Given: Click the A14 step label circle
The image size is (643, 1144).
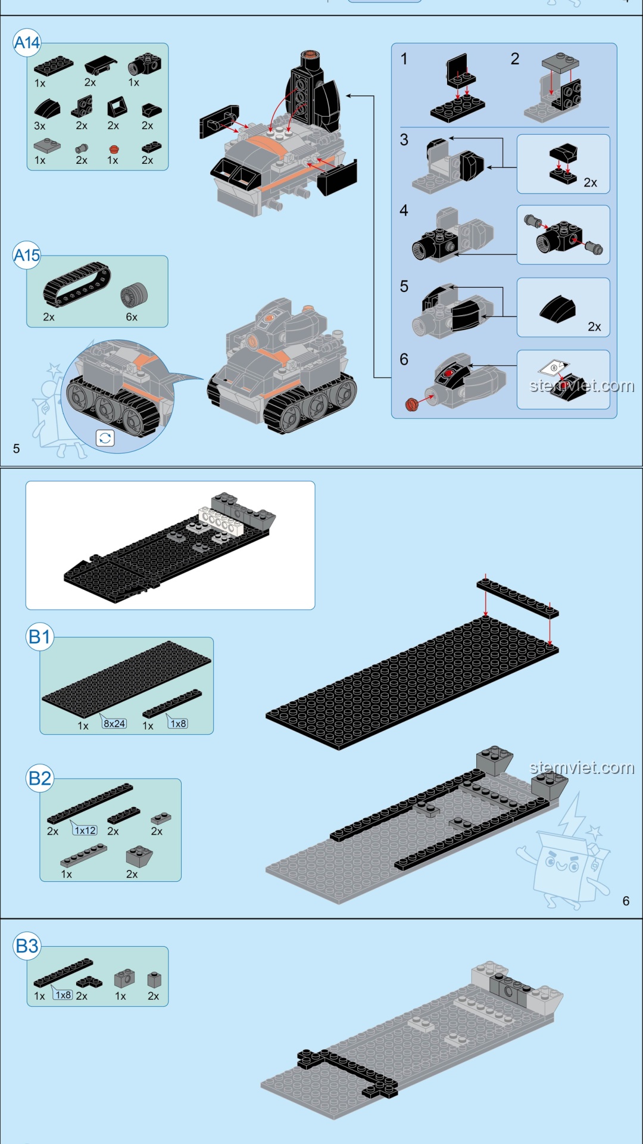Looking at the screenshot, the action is pyautogui.click(x=27, y=43).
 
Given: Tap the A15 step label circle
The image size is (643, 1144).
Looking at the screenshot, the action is pyautogui.click(x=27, y=256).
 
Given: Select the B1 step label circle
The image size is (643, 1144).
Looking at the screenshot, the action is pyautogui.click(x=40, y=637).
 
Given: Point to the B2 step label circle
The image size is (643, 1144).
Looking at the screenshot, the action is pyautogui.click(x=40, y=778).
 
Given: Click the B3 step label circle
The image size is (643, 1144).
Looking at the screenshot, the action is pyautogui.click(x=27, y=946).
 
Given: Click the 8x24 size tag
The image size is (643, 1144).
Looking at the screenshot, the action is pyautogui.click(x=114, y=723).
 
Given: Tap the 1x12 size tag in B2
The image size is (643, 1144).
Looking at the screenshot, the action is pyautogui.click(x=85, y=830).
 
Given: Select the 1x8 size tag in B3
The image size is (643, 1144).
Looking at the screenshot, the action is pyautogui.click(x=63, y=994).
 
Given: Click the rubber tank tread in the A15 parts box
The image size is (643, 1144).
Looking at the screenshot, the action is pyautogui.click(x=77, y=285).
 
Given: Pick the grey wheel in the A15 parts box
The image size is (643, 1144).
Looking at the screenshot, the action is pyautogui.click(x=133, y=295).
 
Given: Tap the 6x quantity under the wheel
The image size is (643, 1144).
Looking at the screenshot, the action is pyautogui.click(x=132, y=317).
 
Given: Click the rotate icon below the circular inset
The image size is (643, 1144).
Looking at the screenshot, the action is pyautogui.click(x=105, y=438).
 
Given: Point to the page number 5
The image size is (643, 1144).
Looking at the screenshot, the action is pyautogui.click(x=16, y=449).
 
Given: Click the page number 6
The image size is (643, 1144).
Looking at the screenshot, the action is pyautogui.click(x=626, y=901).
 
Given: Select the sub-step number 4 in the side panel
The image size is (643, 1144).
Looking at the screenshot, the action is pyautogui.click(x=404, y=210).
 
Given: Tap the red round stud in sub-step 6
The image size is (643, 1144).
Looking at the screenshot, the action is pyautogui.click(x=411, y=405).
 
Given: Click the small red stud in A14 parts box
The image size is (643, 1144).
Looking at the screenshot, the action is pyautogui.click(x=113, y=149).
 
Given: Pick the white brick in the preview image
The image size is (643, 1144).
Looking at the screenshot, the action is pyautogui.click(x=221, y=520).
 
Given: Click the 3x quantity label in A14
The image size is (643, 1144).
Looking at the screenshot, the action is pyautogui.click(x=40, y=126).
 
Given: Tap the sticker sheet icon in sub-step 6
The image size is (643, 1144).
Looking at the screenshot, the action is pyautogui.click(x=554, y=368).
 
